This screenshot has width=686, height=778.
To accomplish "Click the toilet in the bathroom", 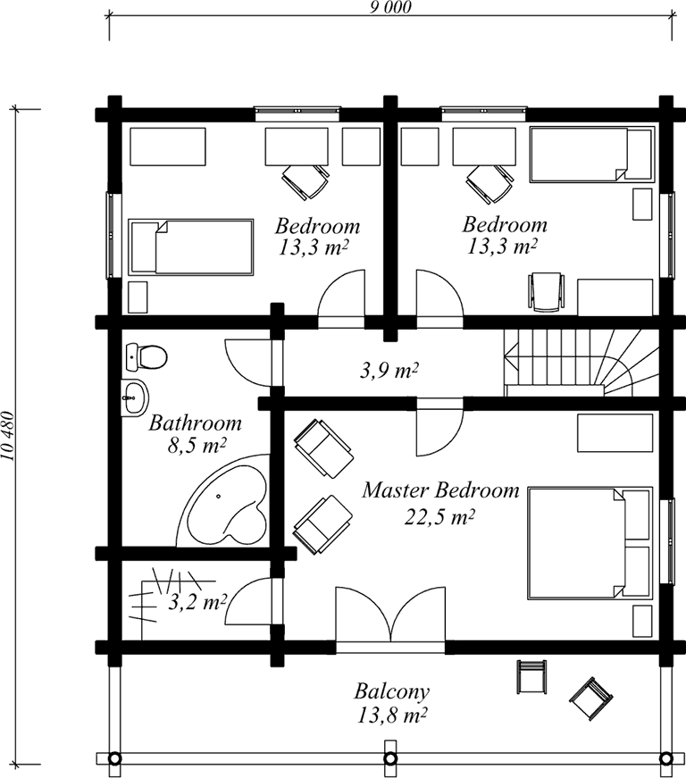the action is (146, 356).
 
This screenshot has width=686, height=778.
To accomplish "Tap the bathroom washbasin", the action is (134, 397).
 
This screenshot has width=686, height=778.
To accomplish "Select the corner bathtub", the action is (223, 500).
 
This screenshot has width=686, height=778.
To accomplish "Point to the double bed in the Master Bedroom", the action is (590, 542).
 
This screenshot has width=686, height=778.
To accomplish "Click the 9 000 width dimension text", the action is (390, 7).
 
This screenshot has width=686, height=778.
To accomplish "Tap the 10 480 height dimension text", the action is (7, 436).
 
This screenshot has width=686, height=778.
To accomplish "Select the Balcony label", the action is (392, 691).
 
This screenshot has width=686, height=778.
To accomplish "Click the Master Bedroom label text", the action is (440, 490).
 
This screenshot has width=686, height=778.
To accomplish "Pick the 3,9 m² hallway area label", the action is (389, 371).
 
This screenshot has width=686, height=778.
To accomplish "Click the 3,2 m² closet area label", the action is (197, 602).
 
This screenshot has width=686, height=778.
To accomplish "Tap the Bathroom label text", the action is (196, 423).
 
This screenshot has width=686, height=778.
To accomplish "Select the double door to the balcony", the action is (390, 615).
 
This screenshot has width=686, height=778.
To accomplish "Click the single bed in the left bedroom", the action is (191, 247).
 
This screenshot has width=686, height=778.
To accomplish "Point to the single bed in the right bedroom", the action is (591, 155).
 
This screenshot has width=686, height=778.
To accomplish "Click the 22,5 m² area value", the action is (440, 517).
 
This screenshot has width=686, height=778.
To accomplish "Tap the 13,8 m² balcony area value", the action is (392, 715).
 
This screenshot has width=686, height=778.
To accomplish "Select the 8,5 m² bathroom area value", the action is (197, 446).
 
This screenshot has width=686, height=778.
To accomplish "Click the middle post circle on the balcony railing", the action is (390, 758).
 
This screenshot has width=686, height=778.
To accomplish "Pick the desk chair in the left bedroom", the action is (305, 181).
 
